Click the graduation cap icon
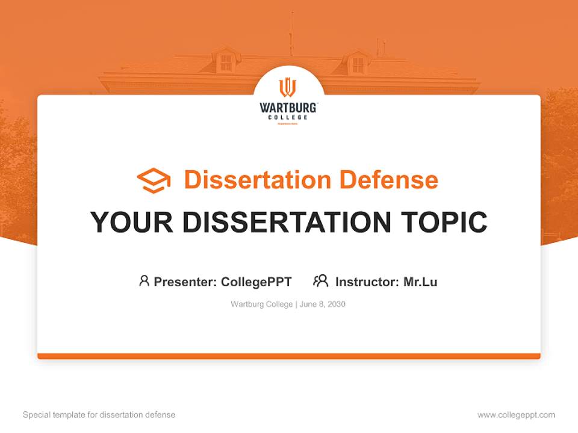(154, 180)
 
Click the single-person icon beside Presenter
(144, 281)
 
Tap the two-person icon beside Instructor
(320, 281)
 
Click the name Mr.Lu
(420, 281)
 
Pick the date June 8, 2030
(323, 304)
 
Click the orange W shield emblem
(288, 88)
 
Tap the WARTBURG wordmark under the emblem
(288, 108)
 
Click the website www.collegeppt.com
(516, 415)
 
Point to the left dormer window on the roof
(226, 62)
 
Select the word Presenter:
(185, 281)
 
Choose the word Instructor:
(367, 281)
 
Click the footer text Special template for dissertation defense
(99, 415)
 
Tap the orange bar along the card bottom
(289, 356)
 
